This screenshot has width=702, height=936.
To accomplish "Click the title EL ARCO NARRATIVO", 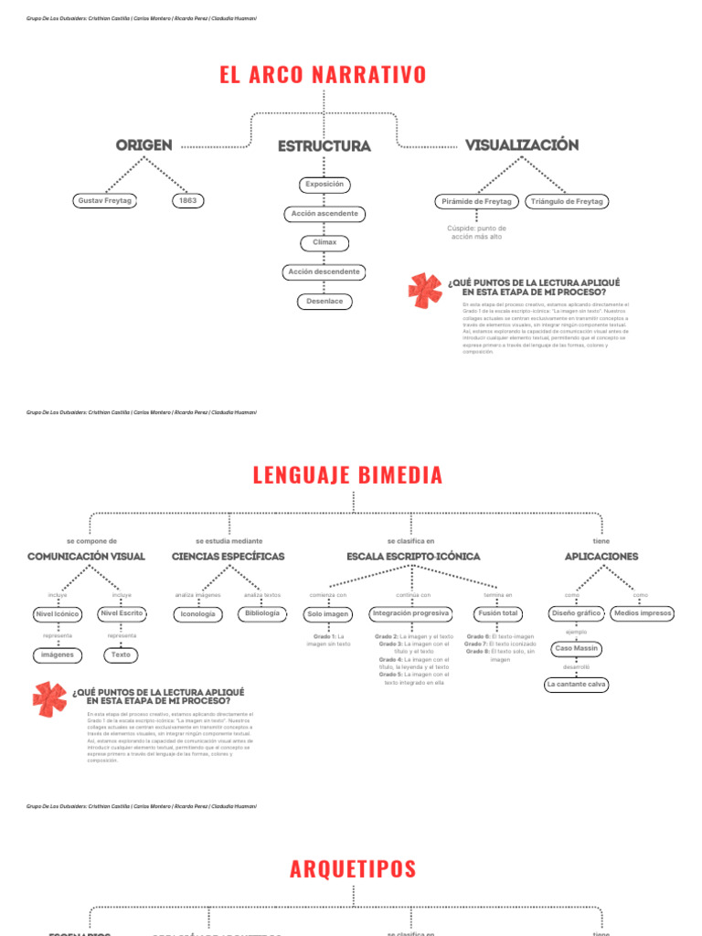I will click(323, 75).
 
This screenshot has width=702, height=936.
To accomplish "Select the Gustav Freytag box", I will click(103, 200).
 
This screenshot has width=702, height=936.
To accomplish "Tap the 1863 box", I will click(188, 200).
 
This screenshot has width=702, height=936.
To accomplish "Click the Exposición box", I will click(324, 185).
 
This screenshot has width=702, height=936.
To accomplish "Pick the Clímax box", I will click(324, 243).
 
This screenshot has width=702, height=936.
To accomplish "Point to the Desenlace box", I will click(324, 301).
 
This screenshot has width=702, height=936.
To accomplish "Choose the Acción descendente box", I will click(324, 272).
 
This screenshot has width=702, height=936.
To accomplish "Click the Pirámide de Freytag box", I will click(476, 201).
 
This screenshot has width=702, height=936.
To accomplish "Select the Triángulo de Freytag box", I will click(567, 201).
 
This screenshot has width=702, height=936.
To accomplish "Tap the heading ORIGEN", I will click(144, 145).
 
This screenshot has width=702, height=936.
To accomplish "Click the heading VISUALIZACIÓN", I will click(522, 145).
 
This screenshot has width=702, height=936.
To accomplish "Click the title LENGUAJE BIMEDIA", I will click(347, 475).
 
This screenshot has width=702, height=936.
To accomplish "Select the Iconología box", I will click(198, 614).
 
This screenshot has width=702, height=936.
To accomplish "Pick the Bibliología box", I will click(262, 613).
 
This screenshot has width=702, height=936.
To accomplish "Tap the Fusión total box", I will click(497, 613).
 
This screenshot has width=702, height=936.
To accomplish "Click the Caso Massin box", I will click(577, 648).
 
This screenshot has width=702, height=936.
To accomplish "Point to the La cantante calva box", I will click(577, 684).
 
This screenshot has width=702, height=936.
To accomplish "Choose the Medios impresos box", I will click(643, 613).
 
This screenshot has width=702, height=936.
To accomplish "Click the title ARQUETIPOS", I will click(353, 869).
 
